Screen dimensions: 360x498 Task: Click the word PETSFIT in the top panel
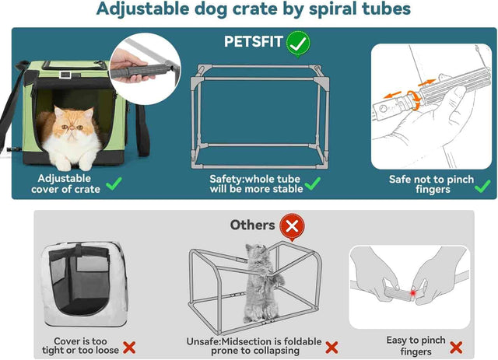tap(253, 42)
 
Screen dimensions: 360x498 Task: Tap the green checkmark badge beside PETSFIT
tap(296, 43)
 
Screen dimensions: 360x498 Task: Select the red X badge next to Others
tap(293, 226)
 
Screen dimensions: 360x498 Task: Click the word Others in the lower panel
tap(252, 225)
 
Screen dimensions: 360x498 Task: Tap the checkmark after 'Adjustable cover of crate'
tap(114, 184)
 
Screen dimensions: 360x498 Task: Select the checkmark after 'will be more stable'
tap(313, 184)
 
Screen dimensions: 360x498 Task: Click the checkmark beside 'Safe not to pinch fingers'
tap(482, 185)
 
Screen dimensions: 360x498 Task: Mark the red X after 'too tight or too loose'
tap(129, 348)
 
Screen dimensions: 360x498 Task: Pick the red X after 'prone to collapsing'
tap(331, 348)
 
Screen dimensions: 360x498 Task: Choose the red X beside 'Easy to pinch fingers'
tap(457, 347)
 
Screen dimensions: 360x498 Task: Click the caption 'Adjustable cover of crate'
tap(66, 183)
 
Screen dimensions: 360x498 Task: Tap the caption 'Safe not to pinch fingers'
tap(430, 184)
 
